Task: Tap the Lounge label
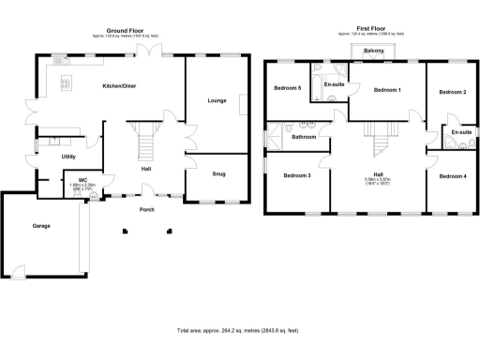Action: pos(217,99)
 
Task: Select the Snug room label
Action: pos(218,173)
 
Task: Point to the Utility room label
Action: pos(68,157)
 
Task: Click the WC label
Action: pos(83,178)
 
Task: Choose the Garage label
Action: pos(41,226)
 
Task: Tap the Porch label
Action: pos(146,209)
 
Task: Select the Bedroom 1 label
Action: pos(387,90)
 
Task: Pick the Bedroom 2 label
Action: pos(452,92)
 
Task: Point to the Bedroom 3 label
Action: pos(296,175)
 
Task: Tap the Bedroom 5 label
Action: pos(287,88)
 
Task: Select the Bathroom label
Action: pos(303,137)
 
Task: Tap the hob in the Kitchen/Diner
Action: pos(66,83)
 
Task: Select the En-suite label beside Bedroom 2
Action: pos(461,132)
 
